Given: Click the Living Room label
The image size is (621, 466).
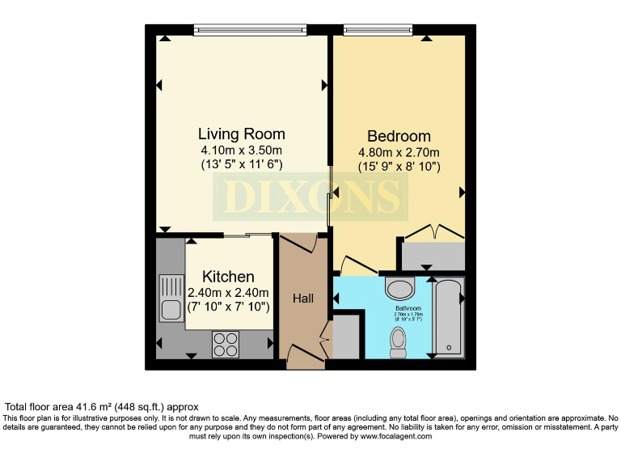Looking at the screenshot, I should (241, 133).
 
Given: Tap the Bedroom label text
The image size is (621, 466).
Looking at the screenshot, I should (399, 136).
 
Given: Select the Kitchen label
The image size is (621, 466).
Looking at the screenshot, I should (228, 277).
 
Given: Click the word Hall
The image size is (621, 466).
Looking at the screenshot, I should (303, 299).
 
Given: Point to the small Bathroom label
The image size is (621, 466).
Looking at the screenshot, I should (408, 308).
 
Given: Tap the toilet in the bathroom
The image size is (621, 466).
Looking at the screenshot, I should (399, 341).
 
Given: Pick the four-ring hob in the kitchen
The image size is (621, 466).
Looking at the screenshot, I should (226, 344).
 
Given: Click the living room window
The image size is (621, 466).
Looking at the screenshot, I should (249, 31).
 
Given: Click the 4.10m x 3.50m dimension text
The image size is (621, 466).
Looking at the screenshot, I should (241, 150).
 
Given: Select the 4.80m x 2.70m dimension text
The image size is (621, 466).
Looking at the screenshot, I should (399, 153).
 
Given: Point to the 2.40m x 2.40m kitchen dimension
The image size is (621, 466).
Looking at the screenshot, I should (228, 292).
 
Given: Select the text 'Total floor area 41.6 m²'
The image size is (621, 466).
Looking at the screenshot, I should (68, 406).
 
